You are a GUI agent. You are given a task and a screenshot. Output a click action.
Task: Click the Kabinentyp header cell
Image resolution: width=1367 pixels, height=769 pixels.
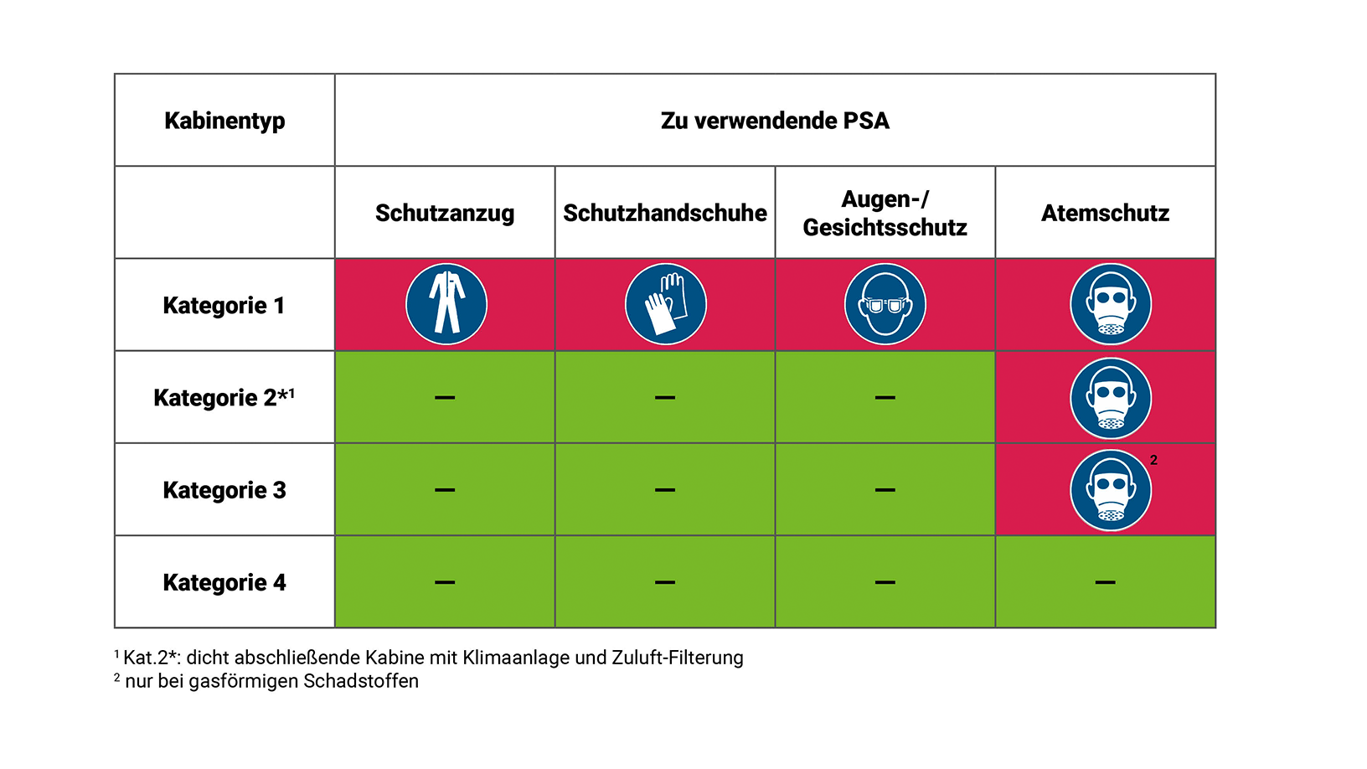click(x=224, y=121)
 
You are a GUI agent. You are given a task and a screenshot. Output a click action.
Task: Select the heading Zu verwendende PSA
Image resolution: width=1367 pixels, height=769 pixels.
click(x=775, y=121)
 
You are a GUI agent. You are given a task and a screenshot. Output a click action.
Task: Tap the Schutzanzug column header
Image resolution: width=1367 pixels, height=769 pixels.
click(x=445, y=213)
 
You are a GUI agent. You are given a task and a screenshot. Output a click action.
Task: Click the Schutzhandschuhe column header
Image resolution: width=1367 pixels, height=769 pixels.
click(x=665, y=213)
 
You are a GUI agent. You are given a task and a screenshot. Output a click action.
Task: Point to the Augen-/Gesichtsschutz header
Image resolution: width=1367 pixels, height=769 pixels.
click(x=885, y=213)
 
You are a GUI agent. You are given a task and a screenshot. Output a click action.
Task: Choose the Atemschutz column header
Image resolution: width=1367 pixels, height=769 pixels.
click(x=1105, y=213)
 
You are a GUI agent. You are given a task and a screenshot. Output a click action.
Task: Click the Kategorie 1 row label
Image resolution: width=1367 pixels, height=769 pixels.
click(x=224, y=305)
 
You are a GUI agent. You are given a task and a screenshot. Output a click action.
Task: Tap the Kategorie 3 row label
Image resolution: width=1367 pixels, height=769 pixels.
click(x=224, y=490)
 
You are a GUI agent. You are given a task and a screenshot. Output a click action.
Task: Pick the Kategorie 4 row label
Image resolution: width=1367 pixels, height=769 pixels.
click(x=224, y=582)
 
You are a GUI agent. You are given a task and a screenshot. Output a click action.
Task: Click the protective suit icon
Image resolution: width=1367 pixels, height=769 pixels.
click(x=446, y=304)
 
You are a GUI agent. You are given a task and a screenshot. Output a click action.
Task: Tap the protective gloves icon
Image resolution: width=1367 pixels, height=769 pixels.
click(x=666, y=304)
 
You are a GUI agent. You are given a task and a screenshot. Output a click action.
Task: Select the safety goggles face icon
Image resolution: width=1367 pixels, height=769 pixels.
click(x=885, y=304)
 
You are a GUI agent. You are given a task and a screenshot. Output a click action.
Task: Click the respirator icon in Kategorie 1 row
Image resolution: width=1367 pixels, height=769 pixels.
click(x=1111, y=304)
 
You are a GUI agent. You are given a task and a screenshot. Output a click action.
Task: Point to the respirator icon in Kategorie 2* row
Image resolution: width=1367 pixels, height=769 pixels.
click(x=1111, y=398)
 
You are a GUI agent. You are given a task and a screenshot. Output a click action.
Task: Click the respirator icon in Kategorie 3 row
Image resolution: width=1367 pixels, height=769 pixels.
click(x=1111, y=491)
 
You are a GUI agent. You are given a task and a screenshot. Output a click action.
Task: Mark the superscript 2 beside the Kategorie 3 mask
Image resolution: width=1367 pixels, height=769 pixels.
click(x=1153, y=460)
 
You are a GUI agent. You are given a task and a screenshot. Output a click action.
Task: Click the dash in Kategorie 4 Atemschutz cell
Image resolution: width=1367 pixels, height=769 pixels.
click(x=1105, y=582)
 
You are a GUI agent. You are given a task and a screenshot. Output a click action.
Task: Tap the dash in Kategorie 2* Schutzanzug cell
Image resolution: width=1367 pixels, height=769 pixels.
click(x=445, y=397)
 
